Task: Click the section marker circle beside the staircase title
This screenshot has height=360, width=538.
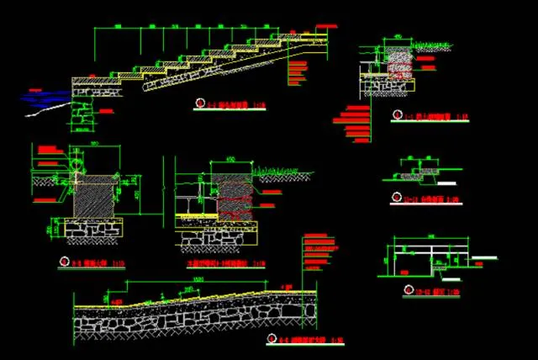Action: click(199, 103)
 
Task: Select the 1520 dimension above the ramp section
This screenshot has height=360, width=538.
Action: click(198, 279)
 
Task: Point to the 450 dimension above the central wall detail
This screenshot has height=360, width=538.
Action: click(229, 159)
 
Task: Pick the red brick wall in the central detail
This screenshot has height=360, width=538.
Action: click(231, 198)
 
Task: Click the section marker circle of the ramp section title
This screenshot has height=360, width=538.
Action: click(271, 339)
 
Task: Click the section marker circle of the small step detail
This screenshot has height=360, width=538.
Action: click(394, 199)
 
